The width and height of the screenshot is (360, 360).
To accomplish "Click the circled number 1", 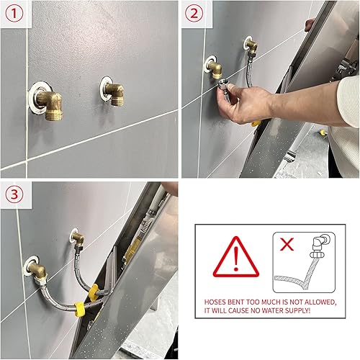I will pyautogui.click(x=14, y=13).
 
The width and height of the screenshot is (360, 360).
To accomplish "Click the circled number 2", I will pyautogui.click(x=194, y=13).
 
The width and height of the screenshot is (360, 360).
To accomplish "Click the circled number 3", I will pyautogui.click(x=14, y=194).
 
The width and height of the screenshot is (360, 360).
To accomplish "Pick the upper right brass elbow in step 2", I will pyautogui.click(x=250, y=46).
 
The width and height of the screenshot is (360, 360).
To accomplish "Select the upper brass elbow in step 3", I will pyautogui.click(x=74, y=238).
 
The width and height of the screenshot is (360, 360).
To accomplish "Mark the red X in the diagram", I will pyautogui.click(x=287, y=244).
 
